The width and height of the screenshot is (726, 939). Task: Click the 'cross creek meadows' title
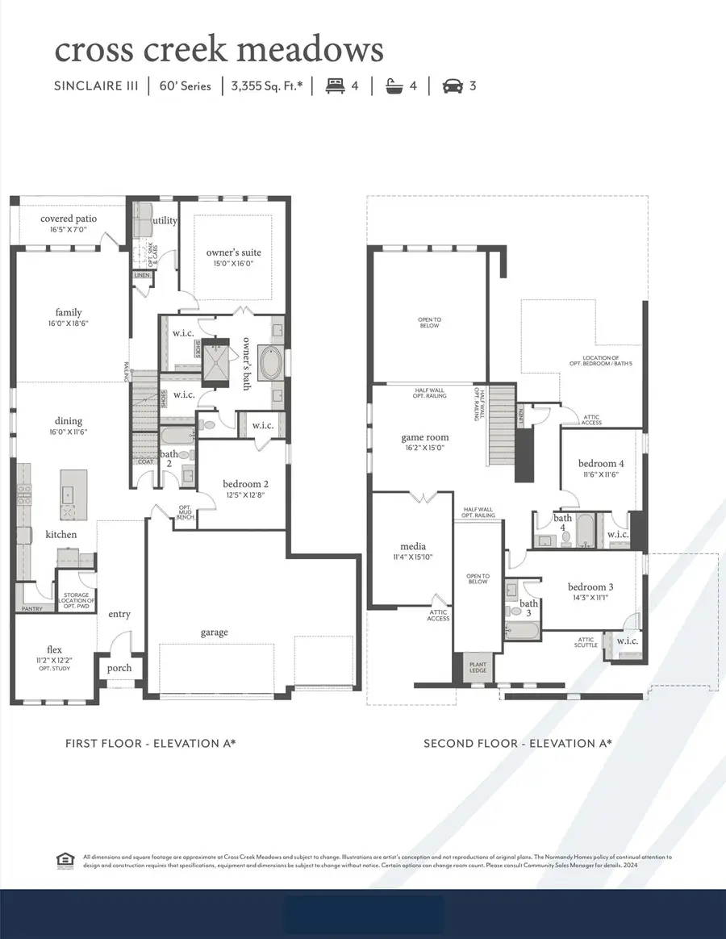(219, 50)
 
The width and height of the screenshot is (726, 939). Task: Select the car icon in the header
(453, 86)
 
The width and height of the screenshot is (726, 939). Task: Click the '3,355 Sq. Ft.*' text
(267, 86)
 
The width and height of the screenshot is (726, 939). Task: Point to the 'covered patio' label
(69, 219)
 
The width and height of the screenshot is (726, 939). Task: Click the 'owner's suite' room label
(234, 252)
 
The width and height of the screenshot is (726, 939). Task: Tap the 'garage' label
(215, 632)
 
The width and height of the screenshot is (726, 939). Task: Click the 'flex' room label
(55, 649)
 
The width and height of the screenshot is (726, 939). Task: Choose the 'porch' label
(119, 668)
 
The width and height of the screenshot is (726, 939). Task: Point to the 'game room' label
(424, 438)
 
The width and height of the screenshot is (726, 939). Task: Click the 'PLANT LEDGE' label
(478, 669)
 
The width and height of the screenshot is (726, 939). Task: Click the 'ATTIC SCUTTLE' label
(586, 642)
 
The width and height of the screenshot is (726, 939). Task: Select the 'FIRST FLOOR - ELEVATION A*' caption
(150, 743)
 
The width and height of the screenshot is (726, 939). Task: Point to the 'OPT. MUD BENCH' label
(186, 512)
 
